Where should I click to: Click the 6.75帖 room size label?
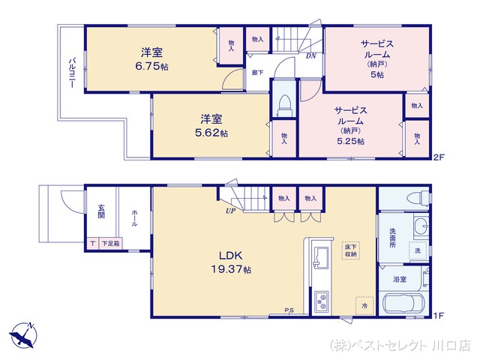pyautogui.click(x=152, y=66)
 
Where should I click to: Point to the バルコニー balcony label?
pyautogui.click(x=71, y=72)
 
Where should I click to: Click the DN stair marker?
pyautogui.click(x=310, y=55)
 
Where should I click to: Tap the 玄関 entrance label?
pyautogui.click(x=100, y=211)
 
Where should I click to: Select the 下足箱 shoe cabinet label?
pyautogui.click(x=109, y=243)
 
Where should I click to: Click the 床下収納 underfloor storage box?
pyautogui.click(x=350, y=250)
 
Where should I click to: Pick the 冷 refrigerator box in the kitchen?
pyautogui.click(x=363, y=306)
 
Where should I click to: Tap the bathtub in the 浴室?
pyautogui.click(x=404, y=306)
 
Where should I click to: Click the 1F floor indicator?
pyautogui.click(x=438, y=316)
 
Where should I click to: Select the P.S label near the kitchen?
pyautogui.click(x=289, y=310)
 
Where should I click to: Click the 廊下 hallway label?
pyautogui.click(x=257, y=73)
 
